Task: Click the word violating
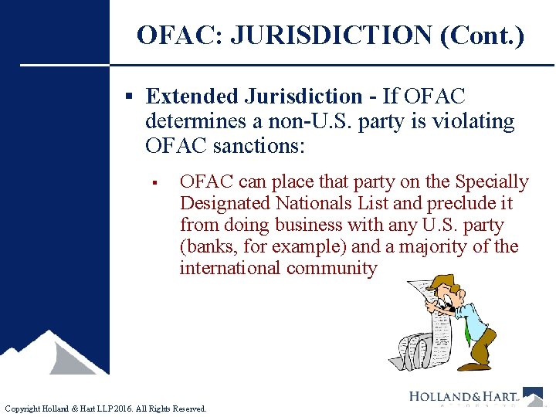[x=477, y=121]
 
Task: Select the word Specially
[x=491, y=182]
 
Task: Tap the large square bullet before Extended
[x=131, y=97]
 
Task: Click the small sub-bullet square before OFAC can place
[x=155, y=183]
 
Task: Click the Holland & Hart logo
[x=475, y=397]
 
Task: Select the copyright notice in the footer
[x=106, y=409]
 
